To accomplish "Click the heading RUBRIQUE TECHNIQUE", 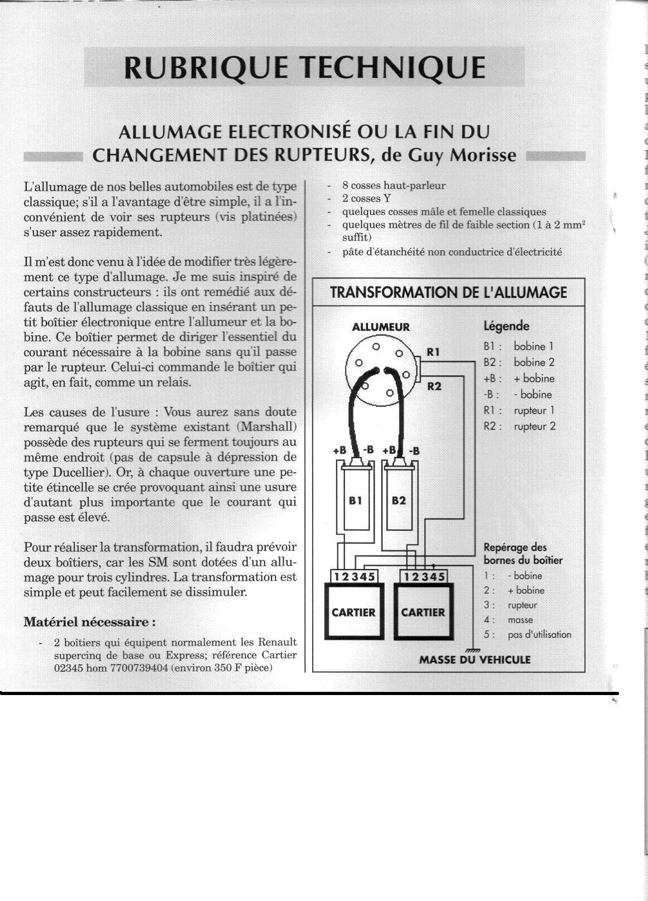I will pyautogui.click(x=304, y=68).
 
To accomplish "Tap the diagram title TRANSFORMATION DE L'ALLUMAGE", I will pyautogui.click(x=449, y=293).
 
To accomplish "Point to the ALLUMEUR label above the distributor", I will pyautogui.click(x=381, y=327).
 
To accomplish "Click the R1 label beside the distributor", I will pyautogui.click(x=434, y=351).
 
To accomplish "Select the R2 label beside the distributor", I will pyautogui.click(x=434, y=386).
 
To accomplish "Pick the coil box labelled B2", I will pyautogui.click(x=398, y=500).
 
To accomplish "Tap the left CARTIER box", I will pyautogui.click(x=353, y=612).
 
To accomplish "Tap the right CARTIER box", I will pyautogui.click(x=423, y=612).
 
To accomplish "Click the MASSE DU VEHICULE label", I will pyautogui.click(x=475, y=660).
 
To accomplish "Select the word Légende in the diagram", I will pyautogui.click(x=506, y=326).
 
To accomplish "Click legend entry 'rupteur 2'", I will pyautogui.click(x=534, y=426).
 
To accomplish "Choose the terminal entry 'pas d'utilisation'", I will pyautogui.click(x=539, y=635).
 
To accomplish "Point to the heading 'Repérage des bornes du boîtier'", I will pyautogui.click(x=523, y=553).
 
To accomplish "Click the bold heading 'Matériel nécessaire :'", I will pyautogui.click(x=89, y=622).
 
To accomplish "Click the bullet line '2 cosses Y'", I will pyautogui.click(x=366, y=198).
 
